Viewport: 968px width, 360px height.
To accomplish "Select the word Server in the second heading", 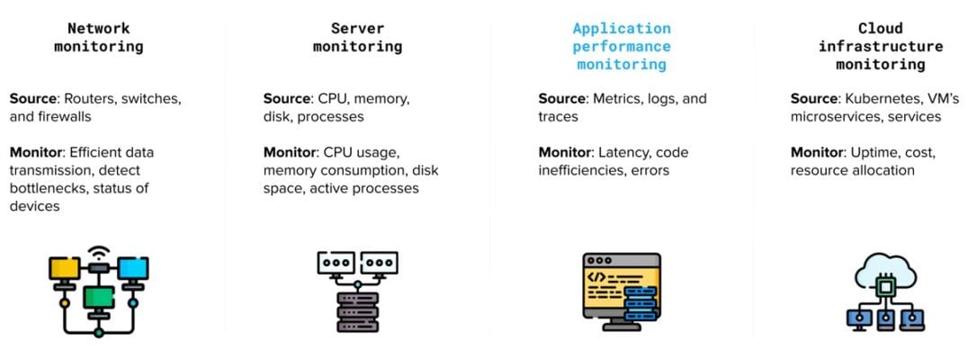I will (x=357, y=28).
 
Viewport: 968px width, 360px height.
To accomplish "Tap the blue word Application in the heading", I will (x=622, y=28).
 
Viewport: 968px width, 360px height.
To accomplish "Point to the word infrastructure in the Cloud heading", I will (x=881, y=46).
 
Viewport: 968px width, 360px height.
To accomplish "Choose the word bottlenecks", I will (x=46, y=188).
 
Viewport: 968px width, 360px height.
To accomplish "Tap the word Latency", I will (x=629, y=152).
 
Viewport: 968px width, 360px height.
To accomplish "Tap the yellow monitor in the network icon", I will (x=63, y=267).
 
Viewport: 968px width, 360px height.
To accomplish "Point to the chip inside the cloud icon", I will (x=884, y=286).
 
